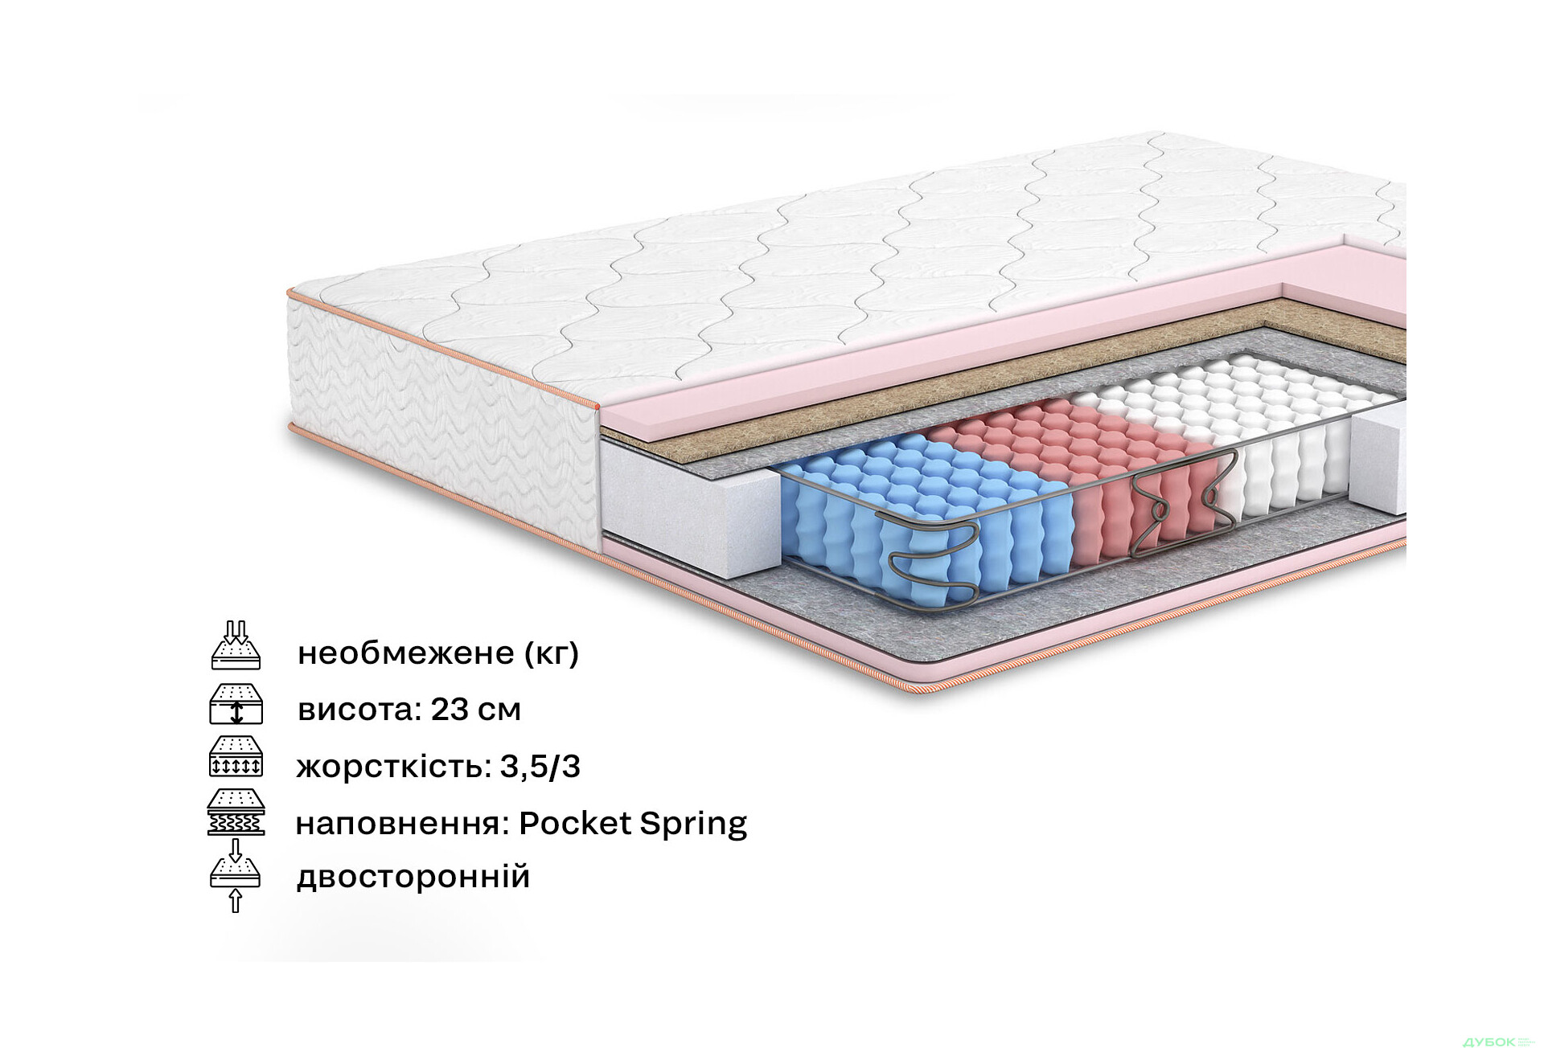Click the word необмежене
coord(405,653)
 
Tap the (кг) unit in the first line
coord(552,653)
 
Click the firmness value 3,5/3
coord(540,767)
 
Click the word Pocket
coord(575,824)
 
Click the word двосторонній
coord(413,877)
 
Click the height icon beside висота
coord(236,704)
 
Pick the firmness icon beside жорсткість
coord(236,756)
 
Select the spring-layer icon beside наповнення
coord(236,812)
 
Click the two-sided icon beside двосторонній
coord(236,876)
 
